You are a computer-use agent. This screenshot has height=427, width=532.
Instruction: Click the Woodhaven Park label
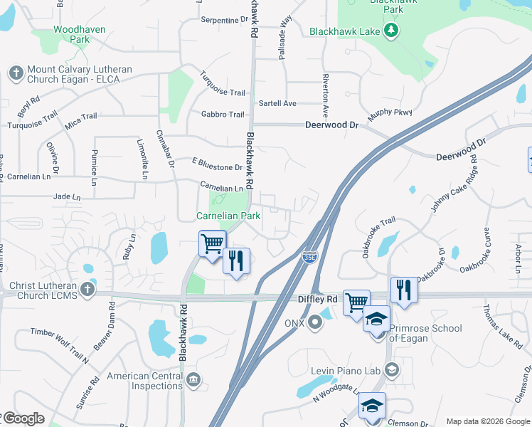[71, 35]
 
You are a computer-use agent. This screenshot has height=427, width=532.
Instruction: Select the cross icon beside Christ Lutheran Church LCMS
[87, 289]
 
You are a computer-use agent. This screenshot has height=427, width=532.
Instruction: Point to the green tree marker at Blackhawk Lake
[390, 31]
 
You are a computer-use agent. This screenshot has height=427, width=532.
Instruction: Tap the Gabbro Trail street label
[223, 115]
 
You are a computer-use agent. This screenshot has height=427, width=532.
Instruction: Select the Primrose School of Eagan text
[427, 333]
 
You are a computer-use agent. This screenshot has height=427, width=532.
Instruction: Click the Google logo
[23, 418]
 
